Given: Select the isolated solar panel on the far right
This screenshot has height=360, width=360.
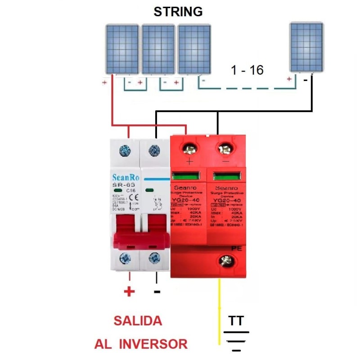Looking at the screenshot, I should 306,47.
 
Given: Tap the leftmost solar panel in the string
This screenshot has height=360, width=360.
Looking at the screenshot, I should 122,49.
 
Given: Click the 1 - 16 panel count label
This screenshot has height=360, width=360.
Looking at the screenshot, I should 247,70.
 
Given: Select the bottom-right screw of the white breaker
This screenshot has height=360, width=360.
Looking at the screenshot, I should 155,258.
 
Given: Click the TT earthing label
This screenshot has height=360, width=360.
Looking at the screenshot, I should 236,321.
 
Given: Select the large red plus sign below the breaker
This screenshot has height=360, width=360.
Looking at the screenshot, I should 129,292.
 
